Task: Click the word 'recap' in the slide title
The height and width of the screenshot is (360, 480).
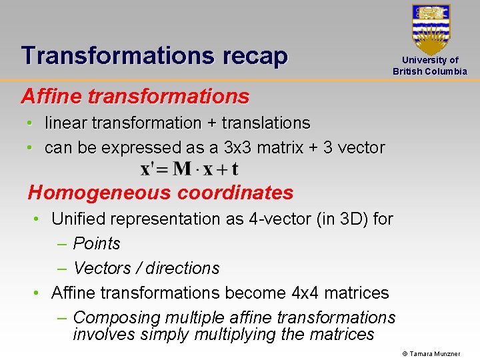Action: pos(254,55)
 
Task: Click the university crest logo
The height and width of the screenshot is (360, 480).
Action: pos(431,28)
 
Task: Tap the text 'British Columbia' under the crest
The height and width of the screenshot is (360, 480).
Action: pos(430,71)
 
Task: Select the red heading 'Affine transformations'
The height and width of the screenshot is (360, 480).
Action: pos(135,96)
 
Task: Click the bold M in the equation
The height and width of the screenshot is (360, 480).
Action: pos(182,169)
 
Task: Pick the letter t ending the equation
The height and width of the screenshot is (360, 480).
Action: pos(235,169)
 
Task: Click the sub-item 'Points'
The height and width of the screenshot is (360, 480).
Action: pos(97,243)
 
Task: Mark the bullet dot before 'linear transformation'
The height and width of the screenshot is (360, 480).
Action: pos(31,123)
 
